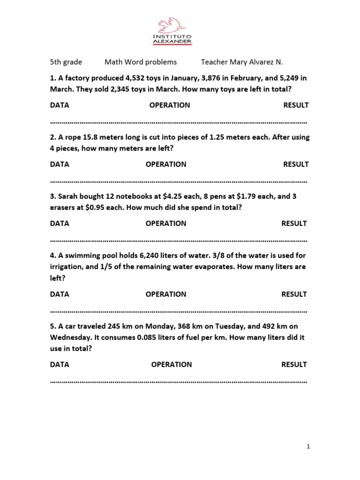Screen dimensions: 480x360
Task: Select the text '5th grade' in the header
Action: tap(66, 62)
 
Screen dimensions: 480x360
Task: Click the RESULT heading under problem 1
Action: tap(296, 105)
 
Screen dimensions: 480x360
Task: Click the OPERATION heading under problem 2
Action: tap(166, 164)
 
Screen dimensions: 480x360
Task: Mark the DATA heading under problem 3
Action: tap(60, 224)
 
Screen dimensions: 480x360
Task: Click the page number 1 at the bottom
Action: tap(308, 447)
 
